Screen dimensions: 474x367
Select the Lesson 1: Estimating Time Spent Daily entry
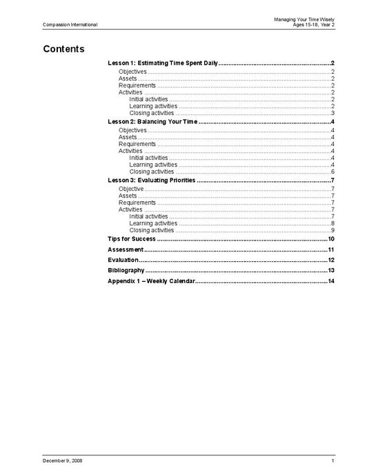[163, 63]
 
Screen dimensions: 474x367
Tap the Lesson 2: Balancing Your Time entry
[152, 121]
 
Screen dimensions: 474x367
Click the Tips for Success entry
[132, 238]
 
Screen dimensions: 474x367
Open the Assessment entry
[126, 249]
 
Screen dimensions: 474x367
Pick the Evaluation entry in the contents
[123, 260]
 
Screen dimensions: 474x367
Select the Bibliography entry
[126, 270]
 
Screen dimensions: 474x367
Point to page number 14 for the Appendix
[331, 281]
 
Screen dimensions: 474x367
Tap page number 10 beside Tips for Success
[331, 238]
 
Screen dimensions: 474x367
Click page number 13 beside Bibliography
[331, 270]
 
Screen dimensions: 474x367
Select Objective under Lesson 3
[131, 188]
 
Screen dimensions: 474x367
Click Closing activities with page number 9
[151, 230]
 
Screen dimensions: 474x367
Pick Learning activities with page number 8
[153, 223]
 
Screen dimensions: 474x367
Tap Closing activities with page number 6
[151, 172]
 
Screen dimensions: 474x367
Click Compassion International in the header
[70, 25]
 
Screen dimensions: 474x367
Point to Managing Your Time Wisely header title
[304, 19]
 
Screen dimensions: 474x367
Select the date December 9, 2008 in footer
[63, 460]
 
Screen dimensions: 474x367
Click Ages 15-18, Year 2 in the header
[313, 25]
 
